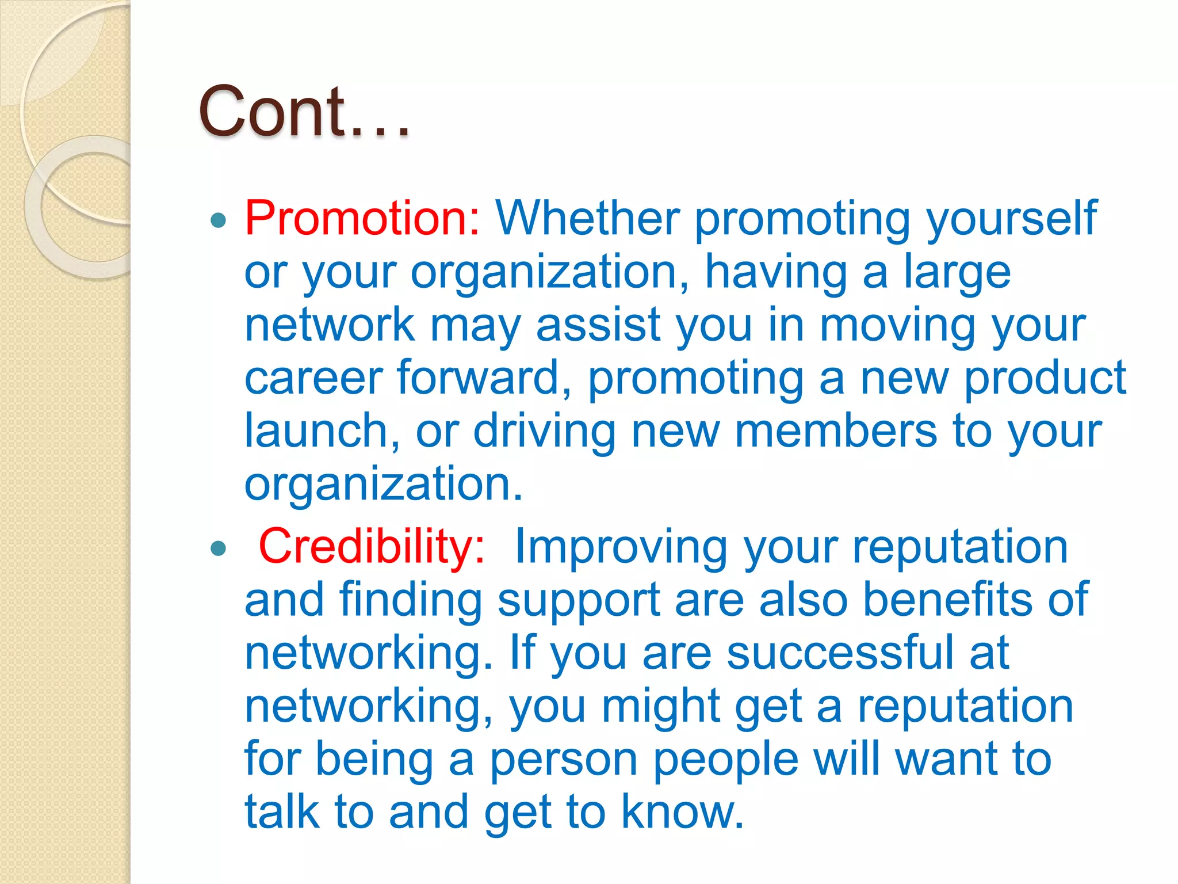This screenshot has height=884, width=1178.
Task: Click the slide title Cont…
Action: (x=304, y=112)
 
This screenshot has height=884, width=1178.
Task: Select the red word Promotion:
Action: (x=362, y=218)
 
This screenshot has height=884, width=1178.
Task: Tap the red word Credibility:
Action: (x=372, y=546)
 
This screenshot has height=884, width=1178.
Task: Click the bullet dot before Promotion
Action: (x=219, y=220)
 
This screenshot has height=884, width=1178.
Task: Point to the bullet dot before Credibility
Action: (x=219, y=548)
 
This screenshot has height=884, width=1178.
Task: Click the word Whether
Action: (x=587, y=218)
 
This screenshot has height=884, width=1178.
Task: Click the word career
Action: (x=313, y=378)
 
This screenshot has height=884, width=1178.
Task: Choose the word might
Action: (x=661, y=707)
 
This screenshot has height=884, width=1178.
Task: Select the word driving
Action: (x=544, y=431)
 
